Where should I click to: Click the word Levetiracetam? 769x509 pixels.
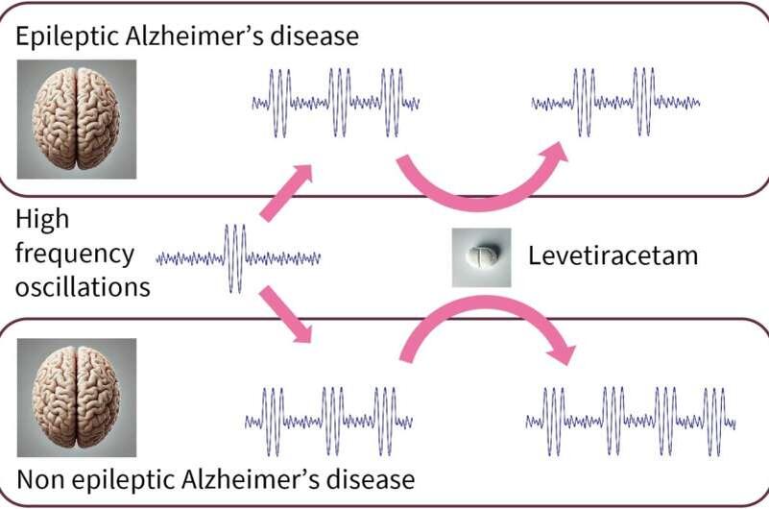(612, 256)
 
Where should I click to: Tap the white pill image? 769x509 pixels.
(482, 257)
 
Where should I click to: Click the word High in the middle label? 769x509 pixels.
(42, 219)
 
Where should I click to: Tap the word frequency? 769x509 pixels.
(74, 254)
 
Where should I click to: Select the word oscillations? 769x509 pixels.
(83, 286)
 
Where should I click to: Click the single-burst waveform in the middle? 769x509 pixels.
(237, 257)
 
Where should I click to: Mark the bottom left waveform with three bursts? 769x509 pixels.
(329, 421)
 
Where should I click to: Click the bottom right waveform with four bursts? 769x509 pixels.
(631, 421)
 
